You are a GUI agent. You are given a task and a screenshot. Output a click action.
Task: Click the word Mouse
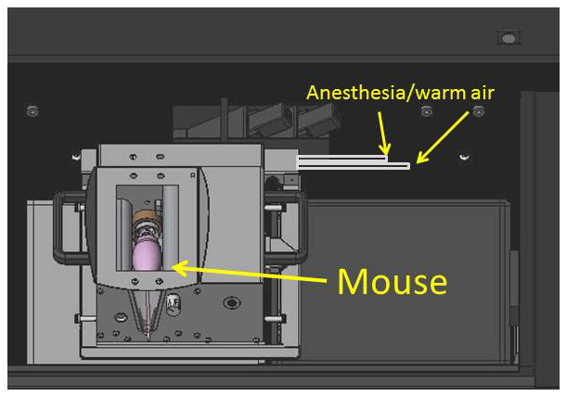point(392,280)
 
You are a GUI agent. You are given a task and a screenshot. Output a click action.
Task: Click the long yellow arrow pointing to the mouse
point(251,272)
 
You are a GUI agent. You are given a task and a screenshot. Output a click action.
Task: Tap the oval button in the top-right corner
point(508,38)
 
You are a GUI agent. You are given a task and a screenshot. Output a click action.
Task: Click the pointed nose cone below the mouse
point(146,311)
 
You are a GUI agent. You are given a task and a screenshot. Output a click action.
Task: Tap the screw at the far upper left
point(33,112)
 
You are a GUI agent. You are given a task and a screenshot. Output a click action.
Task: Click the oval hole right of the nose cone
point(228,303)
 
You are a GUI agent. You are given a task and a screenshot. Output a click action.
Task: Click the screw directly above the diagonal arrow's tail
point(479,112)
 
